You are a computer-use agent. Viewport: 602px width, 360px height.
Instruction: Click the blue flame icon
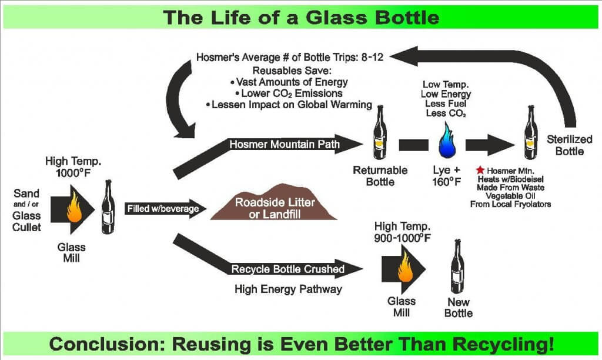[447, 141]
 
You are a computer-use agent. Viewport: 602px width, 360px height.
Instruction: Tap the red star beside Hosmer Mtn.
[480, 170]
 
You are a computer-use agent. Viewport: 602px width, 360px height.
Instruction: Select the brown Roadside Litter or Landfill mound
[274, 202]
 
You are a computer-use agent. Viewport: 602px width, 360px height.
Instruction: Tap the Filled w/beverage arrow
[165, 209]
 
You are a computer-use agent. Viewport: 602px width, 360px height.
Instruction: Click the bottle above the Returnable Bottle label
[380, 132]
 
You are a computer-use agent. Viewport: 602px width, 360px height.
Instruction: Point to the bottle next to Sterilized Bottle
[531, 132]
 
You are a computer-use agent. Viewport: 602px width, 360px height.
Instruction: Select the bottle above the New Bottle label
[457, 266]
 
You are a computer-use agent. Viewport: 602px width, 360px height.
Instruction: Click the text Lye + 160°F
[447, 175]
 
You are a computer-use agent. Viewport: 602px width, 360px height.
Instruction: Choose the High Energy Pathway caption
[288, 289]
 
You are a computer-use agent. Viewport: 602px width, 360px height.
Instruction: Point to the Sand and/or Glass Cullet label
[26, 210]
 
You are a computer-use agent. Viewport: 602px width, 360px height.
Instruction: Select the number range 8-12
[372, 57]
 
